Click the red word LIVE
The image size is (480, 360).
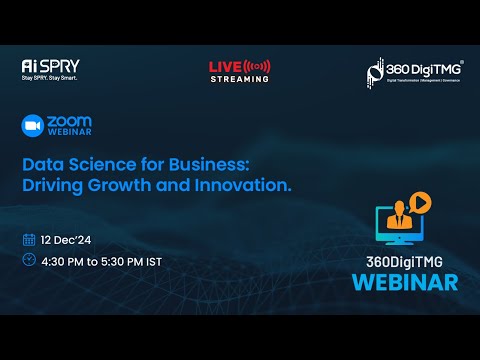point(224,66)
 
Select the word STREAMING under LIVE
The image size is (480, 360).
point(239,77)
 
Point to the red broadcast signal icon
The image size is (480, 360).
point(256,66)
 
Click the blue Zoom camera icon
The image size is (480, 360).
point(32,125)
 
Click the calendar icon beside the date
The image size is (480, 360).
point(29,240)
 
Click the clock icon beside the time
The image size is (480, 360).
point(29,260)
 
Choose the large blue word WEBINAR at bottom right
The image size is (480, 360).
point(404,281)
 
